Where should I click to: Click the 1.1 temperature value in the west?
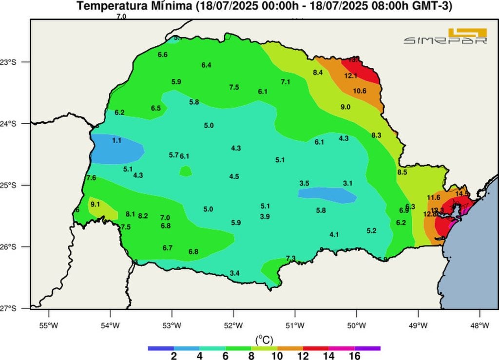pyautogui.click(x=116, y=140)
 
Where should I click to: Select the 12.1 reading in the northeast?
pyautogui.click(x=351, y=76)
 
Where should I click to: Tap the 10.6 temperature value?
pyautogui.click(x=360, y=91)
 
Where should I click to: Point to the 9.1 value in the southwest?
pyautogui.click(x=95, y=204)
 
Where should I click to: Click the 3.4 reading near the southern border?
pyautogui.click(x=234, y=273)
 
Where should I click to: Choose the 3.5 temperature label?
pyautogui.click(x=304, y=183)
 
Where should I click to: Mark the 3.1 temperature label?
pyautogui.click(x=347, y=183)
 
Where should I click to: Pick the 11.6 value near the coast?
pyautogui.click(x=433, y=197)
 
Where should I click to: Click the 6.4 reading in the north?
pyautogui.click(x=206, y=65)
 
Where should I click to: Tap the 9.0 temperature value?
pyautogui.click(x=345, y=107)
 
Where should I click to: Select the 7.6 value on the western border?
pyautogui.click(x=91, y=178)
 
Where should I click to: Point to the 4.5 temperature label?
pyautogui.click(x=234, y=176)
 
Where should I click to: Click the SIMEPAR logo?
pyautogui.click(x=445, y=37)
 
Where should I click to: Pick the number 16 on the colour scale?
pyautogui.click(x=354, y=356)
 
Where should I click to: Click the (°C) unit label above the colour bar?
pyautogui.click(x=264, y=338)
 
